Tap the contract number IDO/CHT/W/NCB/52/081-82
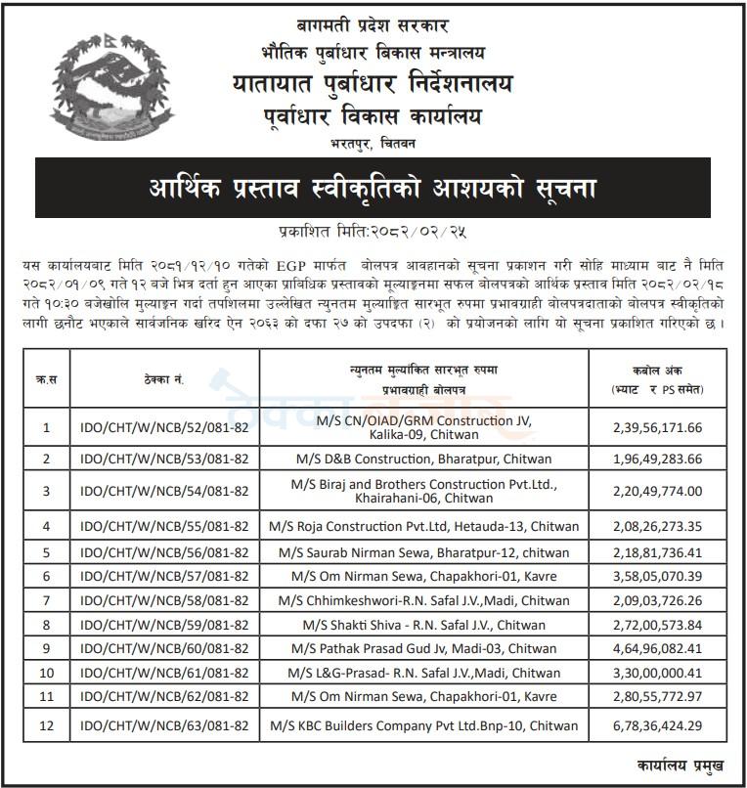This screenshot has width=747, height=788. point(164,427)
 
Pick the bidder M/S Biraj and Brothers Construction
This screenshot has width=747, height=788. point(423,491)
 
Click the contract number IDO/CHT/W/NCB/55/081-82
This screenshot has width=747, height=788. point(164,526)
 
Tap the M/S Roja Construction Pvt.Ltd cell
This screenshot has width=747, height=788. point(423,526)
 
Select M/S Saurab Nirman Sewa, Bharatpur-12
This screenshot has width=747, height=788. point(423,551)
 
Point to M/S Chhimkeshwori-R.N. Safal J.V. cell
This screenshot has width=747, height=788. point(423,599)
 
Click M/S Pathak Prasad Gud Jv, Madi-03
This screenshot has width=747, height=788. point(423,649)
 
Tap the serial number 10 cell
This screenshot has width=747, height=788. point(46,674)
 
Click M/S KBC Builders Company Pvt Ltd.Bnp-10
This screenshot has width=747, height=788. point(423,726)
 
